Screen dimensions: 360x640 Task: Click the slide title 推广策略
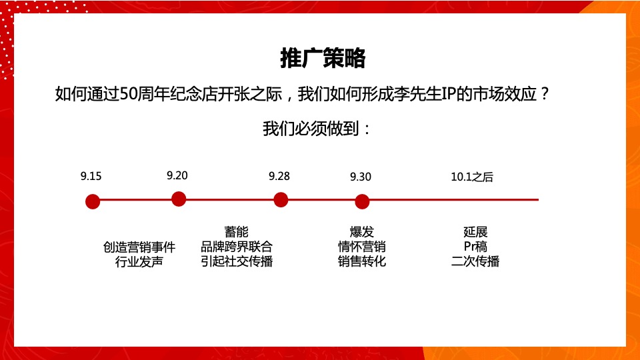pyautogui.click(x=323, y=59)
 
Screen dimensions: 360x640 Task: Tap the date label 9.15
pyautogui.click(x=91, y=177)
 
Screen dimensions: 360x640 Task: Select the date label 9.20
pyautogui.click(x=177, y=175)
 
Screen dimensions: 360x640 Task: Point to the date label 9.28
pyautogui.click(x=279, y=176)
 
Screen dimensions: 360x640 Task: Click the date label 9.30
pyautogui.click(x=361, y=177)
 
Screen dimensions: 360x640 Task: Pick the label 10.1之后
pyautogui.click(x=472, y=177)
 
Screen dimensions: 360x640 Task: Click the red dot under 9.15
pyautogui.click(x=93, y=201)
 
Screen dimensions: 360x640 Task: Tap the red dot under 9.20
pyautogui.click(x=179, y=199)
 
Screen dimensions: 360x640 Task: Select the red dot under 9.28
pyautogui.click(x=281, y=199)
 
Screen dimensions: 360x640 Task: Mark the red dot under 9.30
pyautogui.click(x=362, y=201)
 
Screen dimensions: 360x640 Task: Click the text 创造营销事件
pyautogui.click(x=139, y=247)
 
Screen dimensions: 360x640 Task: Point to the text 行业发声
pyautogui.click(x=139, y=261)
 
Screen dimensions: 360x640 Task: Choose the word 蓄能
pyautogui.click(x=236, y=232)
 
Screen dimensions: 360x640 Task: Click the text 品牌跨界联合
pyautogui.click(x=237, y=247)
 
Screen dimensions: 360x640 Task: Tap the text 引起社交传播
pyautogui.click(x=237, y=261)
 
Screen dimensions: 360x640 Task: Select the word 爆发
pyautogui.click(x=362, y=232)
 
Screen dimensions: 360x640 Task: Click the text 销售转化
pyautogui.click(x=362, y=261)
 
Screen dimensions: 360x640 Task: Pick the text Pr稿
pyautogui.click(x=475, y=247)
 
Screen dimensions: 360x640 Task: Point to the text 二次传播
pyautogui.click(x=475, y=261)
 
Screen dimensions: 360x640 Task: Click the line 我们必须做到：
pyautogui.click(x=317, y=129)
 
